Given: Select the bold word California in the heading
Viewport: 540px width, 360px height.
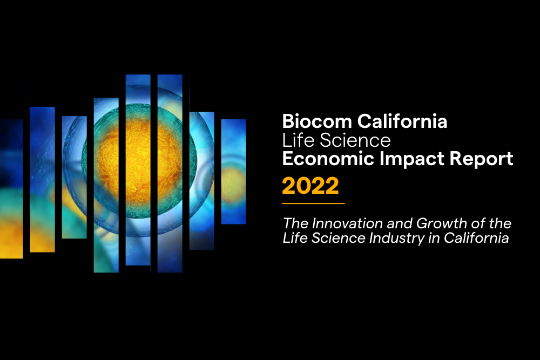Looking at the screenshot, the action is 402,121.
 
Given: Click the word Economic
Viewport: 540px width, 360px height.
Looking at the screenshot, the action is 328,159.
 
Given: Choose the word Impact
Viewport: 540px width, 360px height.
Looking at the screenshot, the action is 411,159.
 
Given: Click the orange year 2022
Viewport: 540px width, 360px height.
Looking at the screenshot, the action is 310,186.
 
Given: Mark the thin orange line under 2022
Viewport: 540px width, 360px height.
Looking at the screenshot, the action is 313,203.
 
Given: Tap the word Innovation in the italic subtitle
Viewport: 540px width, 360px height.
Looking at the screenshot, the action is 347,223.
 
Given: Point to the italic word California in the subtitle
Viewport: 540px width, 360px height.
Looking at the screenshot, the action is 476,238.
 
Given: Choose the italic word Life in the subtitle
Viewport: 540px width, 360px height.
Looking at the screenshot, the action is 295,238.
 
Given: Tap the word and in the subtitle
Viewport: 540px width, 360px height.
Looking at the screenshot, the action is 400,223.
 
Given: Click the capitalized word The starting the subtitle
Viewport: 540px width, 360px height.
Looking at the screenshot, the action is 296,223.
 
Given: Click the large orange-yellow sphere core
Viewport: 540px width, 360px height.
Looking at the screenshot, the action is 138,162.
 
